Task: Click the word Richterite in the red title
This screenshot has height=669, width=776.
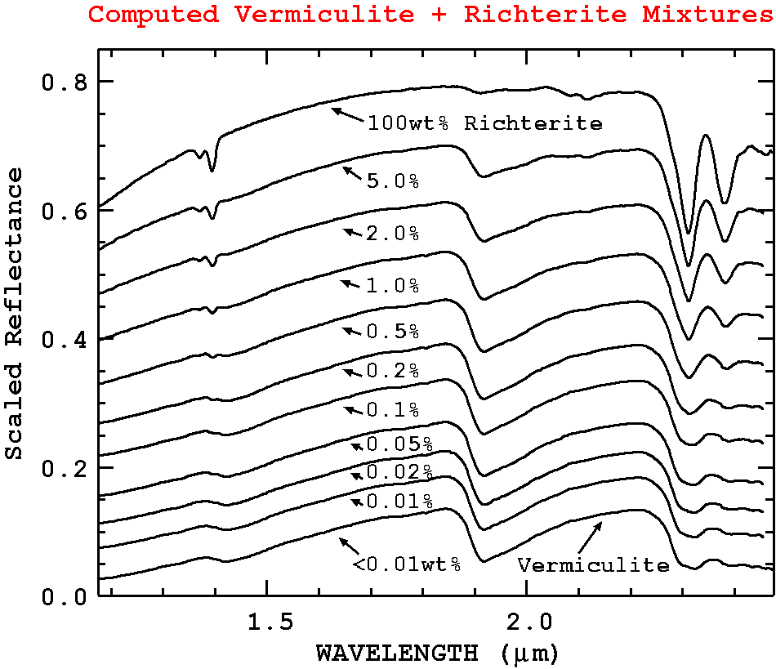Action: pyautogui.click(x=530, y=14)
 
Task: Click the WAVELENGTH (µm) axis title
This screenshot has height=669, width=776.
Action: pyautogui.click(x=437, y=653)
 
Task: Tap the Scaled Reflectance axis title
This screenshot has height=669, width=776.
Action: pyautogui.click(x=15, y=314)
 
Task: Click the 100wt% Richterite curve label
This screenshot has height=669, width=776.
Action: pyautogui.click(x=484, y=124)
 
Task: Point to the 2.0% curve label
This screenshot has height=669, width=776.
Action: pyautogui.click(x=393, y=234)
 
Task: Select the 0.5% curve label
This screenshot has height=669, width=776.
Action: pyautogui.click(x=393, y=332)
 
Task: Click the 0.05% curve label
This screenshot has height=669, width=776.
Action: pyautogui.click(x=399, y=444)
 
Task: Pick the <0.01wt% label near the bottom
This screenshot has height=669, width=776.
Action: pyautogui.click(x=407, y=564)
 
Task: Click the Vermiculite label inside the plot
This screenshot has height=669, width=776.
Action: pyautogui.click(x=593, y=565)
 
